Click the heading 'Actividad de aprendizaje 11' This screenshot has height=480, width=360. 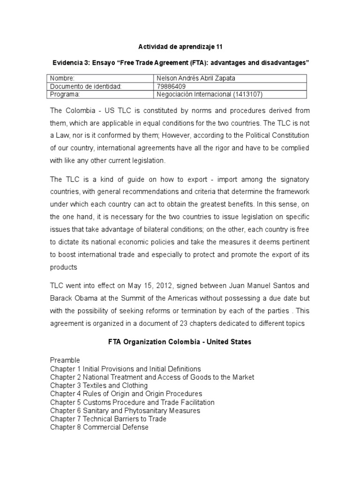[180, 47]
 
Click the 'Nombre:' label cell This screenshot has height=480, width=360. [62, 78]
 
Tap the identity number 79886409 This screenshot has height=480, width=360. [172, 86]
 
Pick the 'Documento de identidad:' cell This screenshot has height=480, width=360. [86, 86]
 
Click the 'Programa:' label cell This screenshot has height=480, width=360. [65, 94]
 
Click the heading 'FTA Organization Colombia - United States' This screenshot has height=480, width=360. [180, 342]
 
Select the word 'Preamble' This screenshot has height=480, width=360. [65, 360]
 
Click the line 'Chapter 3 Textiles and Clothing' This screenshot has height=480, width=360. [99, 385]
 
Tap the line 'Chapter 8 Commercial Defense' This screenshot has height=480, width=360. [99, 427]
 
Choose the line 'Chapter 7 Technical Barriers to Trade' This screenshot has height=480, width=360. [108, 419]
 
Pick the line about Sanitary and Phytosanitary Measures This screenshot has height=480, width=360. [125, 411]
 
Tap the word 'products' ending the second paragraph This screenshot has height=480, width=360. [63, 267]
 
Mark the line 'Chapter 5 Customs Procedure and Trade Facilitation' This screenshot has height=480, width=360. [132, 402]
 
